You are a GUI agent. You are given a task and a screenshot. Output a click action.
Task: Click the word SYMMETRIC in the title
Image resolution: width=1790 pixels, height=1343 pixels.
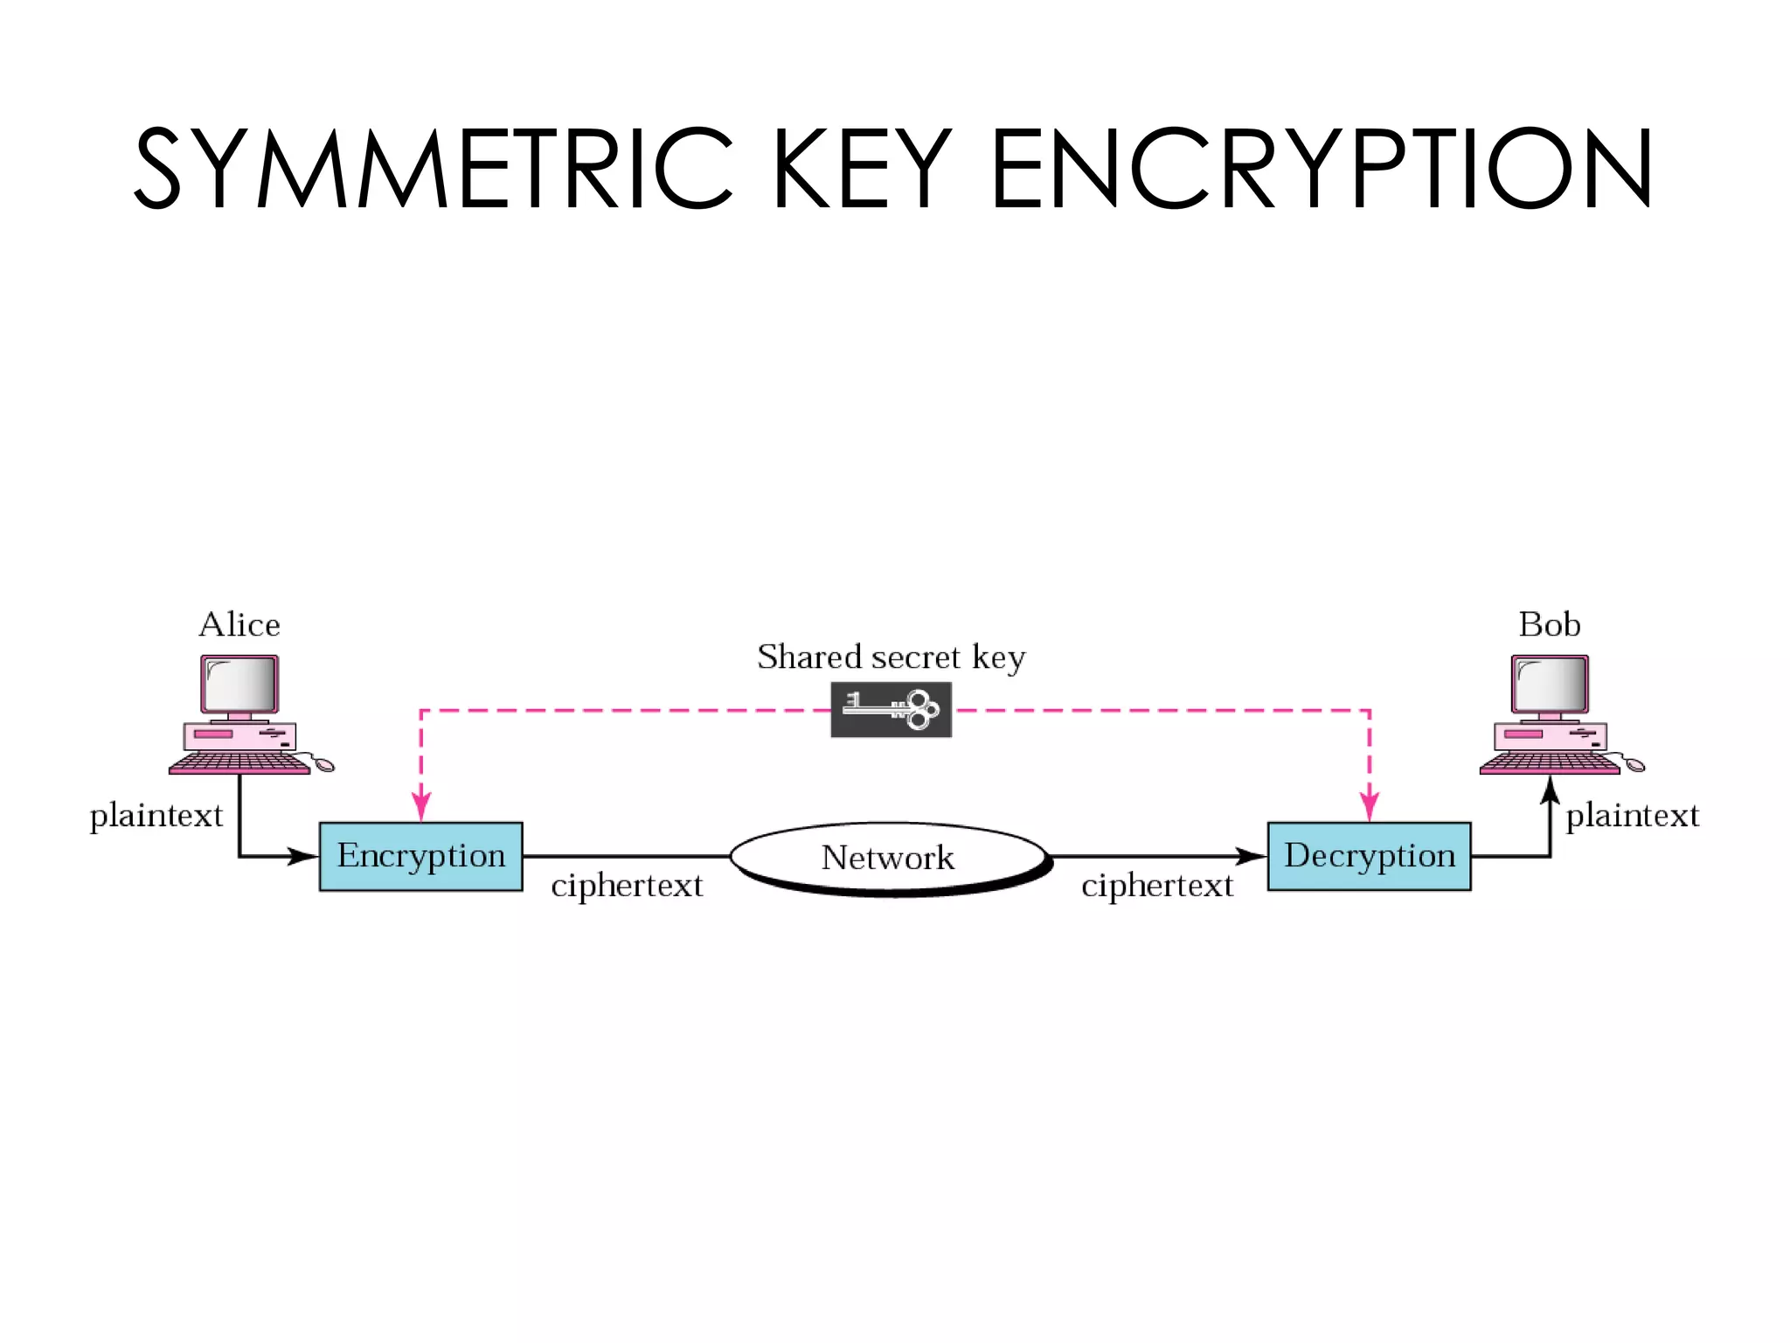pos(433,168)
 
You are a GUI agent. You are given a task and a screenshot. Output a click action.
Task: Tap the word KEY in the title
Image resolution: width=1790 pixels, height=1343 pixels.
pos(861,168)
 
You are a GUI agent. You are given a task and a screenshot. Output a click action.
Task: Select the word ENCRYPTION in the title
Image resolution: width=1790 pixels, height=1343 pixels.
pos(1321,168)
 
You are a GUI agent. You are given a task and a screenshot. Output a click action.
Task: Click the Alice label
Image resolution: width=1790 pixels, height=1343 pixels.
pos(239,624)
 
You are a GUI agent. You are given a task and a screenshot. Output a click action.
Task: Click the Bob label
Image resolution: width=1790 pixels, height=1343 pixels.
pos(1549,624)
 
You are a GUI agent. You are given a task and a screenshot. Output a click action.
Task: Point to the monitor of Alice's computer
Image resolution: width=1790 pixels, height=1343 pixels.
pos(239,685)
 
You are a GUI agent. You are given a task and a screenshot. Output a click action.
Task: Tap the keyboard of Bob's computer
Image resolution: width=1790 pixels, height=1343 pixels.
pos(1549,763)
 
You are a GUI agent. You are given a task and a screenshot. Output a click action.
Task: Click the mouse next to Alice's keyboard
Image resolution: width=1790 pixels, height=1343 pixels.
pos(323,765)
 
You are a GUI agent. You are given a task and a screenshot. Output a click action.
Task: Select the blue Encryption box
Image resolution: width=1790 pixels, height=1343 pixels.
pos(420,856)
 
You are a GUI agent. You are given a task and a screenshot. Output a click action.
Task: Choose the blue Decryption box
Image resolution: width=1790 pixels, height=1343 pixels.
pos(1369,856)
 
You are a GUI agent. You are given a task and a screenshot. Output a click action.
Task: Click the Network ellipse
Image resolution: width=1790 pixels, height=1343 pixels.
pos(888,857)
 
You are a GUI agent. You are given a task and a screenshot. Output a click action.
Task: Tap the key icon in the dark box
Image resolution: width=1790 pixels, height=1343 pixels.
pos(891,709)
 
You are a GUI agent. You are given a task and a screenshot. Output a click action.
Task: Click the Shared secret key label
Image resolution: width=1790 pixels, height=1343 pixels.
pos(891,657)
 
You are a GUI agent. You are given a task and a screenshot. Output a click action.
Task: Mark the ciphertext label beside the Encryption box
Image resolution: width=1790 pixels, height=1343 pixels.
pos(627,886)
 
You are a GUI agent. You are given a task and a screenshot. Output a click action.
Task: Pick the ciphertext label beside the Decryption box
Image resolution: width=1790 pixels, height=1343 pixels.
pos(1156,886)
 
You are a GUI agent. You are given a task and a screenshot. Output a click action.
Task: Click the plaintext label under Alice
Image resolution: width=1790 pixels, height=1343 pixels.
pos(156,816)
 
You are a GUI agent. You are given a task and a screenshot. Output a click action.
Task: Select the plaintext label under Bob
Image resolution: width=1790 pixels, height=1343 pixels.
pos(1632,816)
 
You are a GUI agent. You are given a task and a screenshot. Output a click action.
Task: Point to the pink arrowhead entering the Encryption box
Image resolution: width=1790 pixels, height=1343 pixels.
pos(421,806)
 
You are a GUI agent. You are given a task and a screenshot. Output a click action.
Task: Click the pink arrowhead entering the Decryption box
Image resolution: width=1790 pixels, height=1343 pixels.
pos(1369,806)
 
